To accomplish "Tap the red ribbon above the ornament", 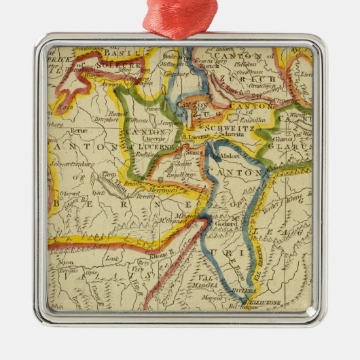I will pyautogui.click(x=180, y=17).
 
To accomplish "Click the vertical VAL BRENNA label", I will pyautogui.click(x=259, y=261).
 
